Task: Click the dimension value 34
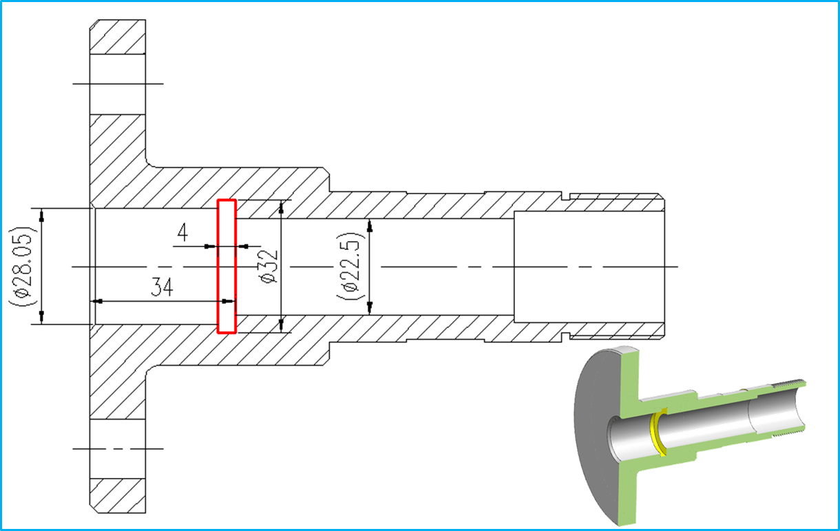click(162, 288)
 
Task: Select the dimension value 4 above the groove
click(182, 234)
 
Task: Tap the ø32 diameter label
click(269, 267)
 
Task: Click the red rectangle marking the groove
click(227, 266)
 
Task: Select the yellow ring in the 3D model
click(659, 431)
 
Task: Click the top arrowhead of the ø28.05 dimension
click(41, 214)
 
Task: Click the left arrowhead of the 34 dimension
click(98, 302)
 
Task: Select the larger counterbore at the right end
click(589, 266)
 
